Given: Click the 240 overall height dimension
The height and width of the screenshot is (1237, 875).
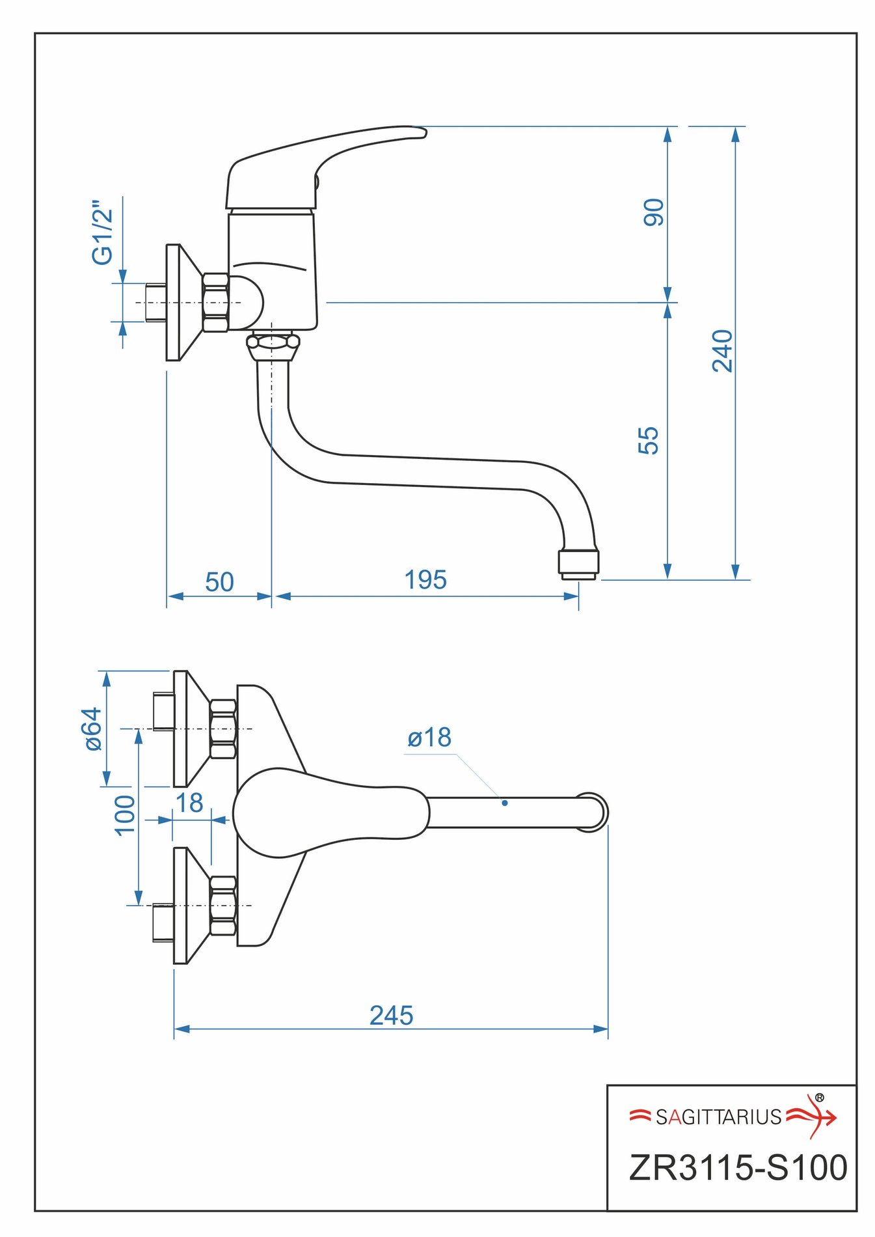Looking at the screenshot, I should click(722, 351).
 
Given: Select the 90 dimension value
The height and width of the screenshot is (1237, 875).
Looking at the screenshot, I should click(653, 212).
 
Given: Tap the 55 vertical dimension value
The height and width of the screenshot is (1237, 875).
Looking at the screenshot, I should click(648, 440).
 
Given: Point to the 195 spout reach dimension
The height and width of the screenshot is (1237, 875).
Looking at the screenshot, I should click(425, 579).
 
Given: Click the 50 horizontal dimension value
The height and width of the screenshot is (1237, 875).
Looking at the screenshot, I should click(219, 581).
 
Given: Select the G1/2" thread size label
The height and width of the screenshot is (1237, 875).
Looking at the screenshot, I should click(103, 232).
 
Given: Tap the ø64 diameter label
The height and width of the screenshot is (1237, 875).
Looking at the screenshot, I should click(94, 729).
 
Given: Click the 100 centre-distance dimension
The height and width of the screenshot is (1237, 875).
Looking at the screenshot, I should click(124, 814).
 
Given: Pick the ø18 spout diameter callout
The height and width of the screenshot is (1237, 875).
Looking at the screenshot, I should click(429, 738).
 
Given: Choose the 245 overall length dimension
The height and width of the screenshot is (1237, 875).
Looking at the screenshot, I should click(391, 1015).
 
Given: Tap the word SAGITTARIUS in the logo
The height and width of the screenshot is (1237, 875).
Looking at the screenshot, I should click(718, 1117).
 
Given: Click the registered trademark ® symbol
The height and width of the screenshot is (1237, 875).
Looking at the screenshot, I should click(819, 1098).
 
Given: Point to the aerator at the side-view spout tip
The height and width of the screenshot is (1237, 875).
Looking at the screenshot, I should click(578, 564).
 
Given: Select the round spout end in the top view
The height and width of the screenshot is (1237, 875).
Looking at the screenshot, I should click(591, 812).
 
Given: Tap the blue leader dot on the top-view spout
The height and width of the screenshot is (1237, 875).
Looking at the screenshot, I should click(504, 803).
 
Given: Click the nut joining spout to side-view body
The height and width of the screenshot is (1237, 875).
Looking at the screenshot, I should click(273, 344).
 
